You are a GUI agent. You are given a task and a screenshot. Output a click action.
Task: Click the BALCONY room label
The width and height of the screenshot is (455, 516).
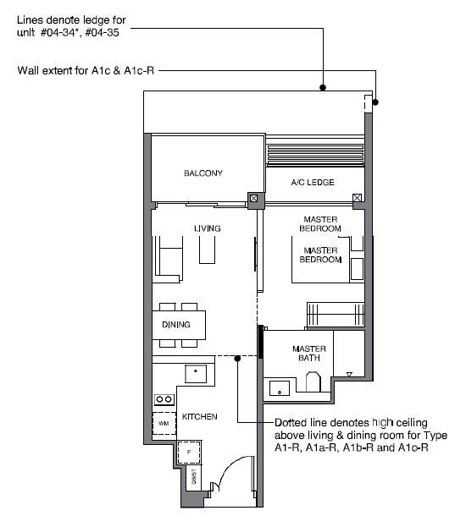pos(203,173)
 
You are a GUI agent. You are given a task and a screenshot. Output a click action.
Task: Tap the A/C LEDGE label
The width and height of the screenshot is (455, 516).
pos(313,183)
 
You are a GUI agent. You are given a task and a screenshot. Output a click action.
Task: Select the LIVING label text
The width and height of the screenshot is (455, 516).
pos(207,228)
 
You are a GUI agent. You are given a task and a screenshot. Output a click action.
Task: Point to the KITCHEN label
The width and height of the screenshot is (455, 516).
pos(199,417)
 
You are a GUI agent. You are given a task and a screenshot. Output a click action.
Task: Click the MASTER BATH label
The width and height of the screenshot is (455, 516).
pos(309,353)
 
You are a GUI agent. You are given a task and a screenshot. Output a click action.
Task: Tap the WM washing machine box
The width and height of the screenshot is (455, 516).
pos(164,423)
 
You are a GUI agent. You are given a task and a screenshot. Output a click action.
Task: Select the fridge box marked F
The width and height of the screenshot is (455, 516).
pos(189,453)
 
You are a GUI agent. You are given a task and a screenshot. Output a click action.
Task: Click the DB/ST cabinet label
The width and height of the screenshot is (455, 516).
pos(194,476)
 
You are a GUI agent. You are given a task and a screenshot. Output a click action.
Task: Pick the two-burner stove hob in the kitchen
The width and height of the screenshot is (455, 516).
pos(164,399)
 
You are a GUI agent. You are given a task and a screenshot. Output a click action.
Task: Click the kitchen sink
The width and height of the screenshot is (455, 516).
pos(196,374)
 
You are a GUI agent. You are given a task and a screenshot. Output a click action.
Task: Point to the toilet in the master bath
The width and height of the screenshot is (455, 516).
pos(313,382)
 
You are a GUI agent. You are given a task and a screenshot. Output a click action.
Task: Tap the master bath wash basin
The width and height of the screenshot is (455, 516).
pos(280,388)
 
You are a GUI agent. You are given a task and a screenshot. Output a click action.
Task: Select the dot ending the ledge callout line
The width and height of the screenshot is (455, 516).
pos(323,87)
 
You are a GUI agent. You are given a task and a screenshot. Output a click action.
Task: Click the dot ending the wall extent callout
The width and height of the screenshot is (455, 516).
pos(375,102)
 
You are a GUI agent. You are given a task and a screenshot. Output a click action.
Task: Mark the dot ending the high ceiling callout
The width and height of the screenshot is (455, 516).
pos(237,358)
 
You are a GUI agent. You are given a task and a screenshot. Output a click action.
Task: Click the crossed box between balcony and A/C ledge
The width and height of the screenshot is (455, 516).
pos(253,199)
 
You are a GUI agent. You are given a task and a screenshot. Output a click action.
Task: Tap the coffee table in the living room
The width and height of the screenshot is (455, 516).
pos(207,250)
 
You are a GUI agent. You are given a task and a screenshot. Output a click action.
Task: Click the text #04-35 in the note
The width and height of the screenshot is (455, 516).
pos(103,33)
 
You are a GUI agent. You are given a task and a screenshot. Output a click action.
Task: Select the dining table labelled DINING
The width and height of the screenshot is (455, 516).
pos(179,325)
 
